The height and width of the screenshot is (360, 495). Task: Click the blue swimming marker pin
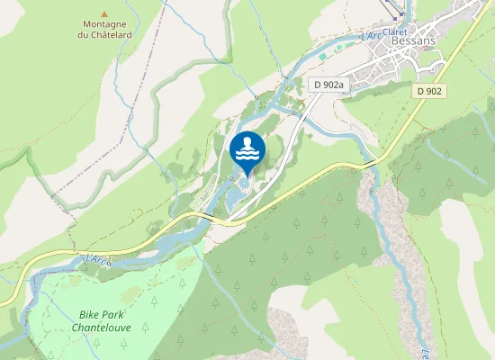[247, 151]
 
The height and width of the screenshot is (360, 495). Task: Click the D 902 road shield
[430, 91]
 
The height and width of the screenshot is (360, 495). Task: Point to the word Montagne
[103, 24]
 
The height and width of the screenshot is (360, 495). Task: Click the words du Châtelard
[103, 35]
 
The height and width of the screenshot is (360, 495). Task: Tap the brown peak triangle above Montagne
[103, 14]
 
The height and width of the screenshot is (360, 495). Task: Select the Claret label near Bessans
[394, 32]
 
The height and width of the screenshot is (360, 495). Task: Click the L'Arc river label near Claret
[370, 36]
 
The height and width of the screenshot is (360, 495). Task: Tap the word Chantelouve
[101, 328]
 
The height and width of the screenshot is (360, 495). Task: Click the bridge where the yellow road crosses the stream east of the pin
[371, 163]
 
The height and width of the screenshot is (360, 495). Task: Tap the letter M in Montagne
[85, 24]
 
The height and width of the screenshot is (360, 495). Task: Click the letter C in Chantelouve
[74, 328]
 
